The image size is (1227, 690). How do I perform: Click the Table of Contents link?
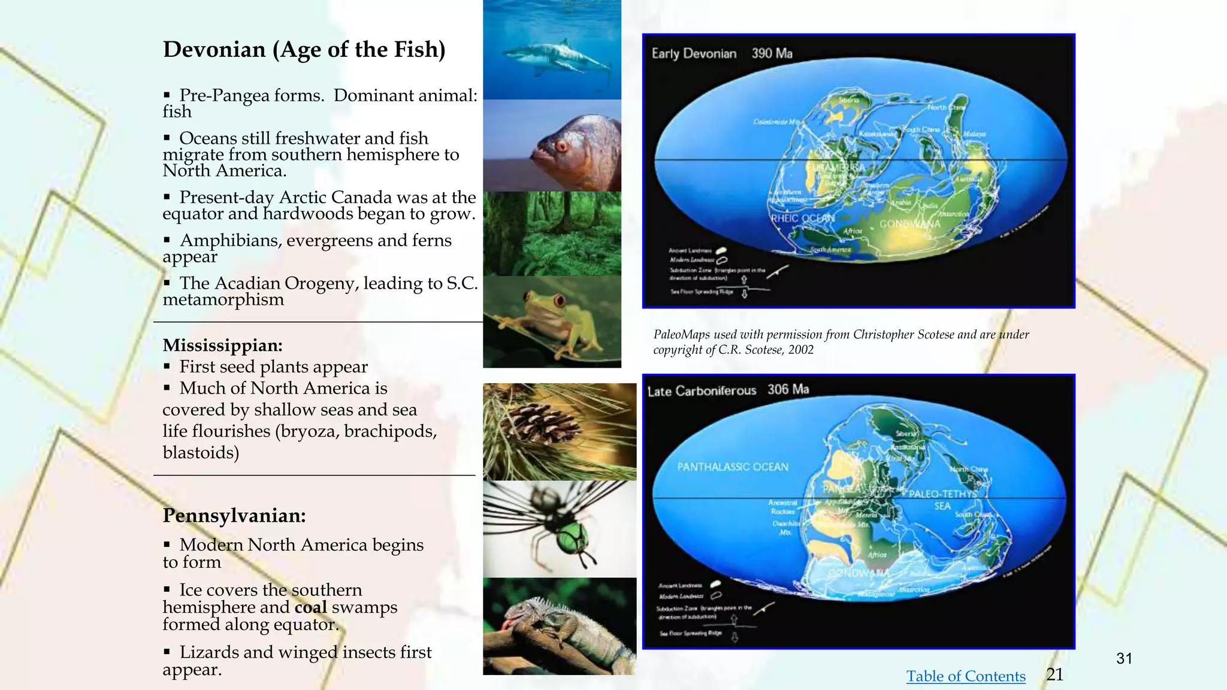[x=965, y=676]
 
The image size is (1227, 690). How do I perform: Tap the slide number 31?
[x=1124, y=659]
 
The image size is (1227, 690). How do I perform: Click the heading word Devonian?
[x=214, y=50]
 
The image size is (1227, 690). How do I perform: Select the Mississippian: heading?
[x=222, y=346]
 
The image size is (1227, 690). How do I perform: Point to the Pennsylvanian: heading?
[x=234, y=516]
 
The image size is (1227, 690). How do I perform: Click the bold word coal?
[x=310, y=607]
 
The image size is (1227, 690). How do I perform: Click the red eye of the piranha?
[x=561, y=146]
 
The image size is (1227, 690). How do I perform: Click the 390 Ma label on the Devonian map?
[x=772, y=54]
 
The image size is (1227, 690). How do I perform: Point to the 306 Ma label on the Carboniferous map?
[x=788, y=390]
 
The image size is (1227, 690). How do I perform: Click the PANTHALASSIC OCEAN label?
[x=732, y=467]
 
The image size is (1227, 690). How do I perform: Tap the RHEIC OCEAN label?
[x=802, y=219]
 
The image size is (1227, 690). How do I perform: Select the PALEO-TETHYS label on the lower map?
[x=943, y=494]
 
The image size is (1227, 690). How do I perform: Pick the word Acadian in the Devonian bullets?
[x=252, y=283]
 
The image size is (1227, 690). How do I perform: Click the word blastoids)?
[x=201, y=453]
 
